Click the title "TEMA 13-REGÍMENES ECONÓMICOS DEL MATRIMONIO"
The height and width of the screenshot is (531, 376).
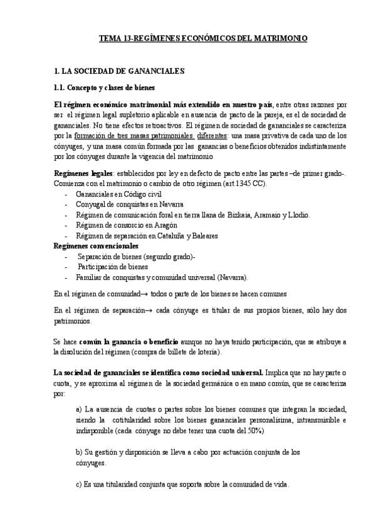[x=203, y=38]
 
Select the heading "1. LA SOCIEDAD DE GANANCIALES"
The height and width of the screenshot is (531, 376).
[x=119, y=72]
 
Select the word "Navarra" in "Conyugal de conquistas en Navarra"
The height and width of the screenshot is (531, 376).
[x=170, y=205]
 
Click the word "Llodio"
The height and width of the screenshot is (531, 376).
[x=297, y=215]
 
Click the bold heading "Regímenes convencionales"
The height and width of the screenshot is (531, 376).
[x=96, y=245]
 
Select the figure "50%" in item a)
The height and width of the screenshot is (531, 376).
[x=251, y=431]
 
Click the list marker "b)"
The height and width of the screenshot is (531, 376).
[x=78, y=451]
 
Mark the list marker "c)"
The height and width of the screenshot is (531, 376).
[x=78, y=485]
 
